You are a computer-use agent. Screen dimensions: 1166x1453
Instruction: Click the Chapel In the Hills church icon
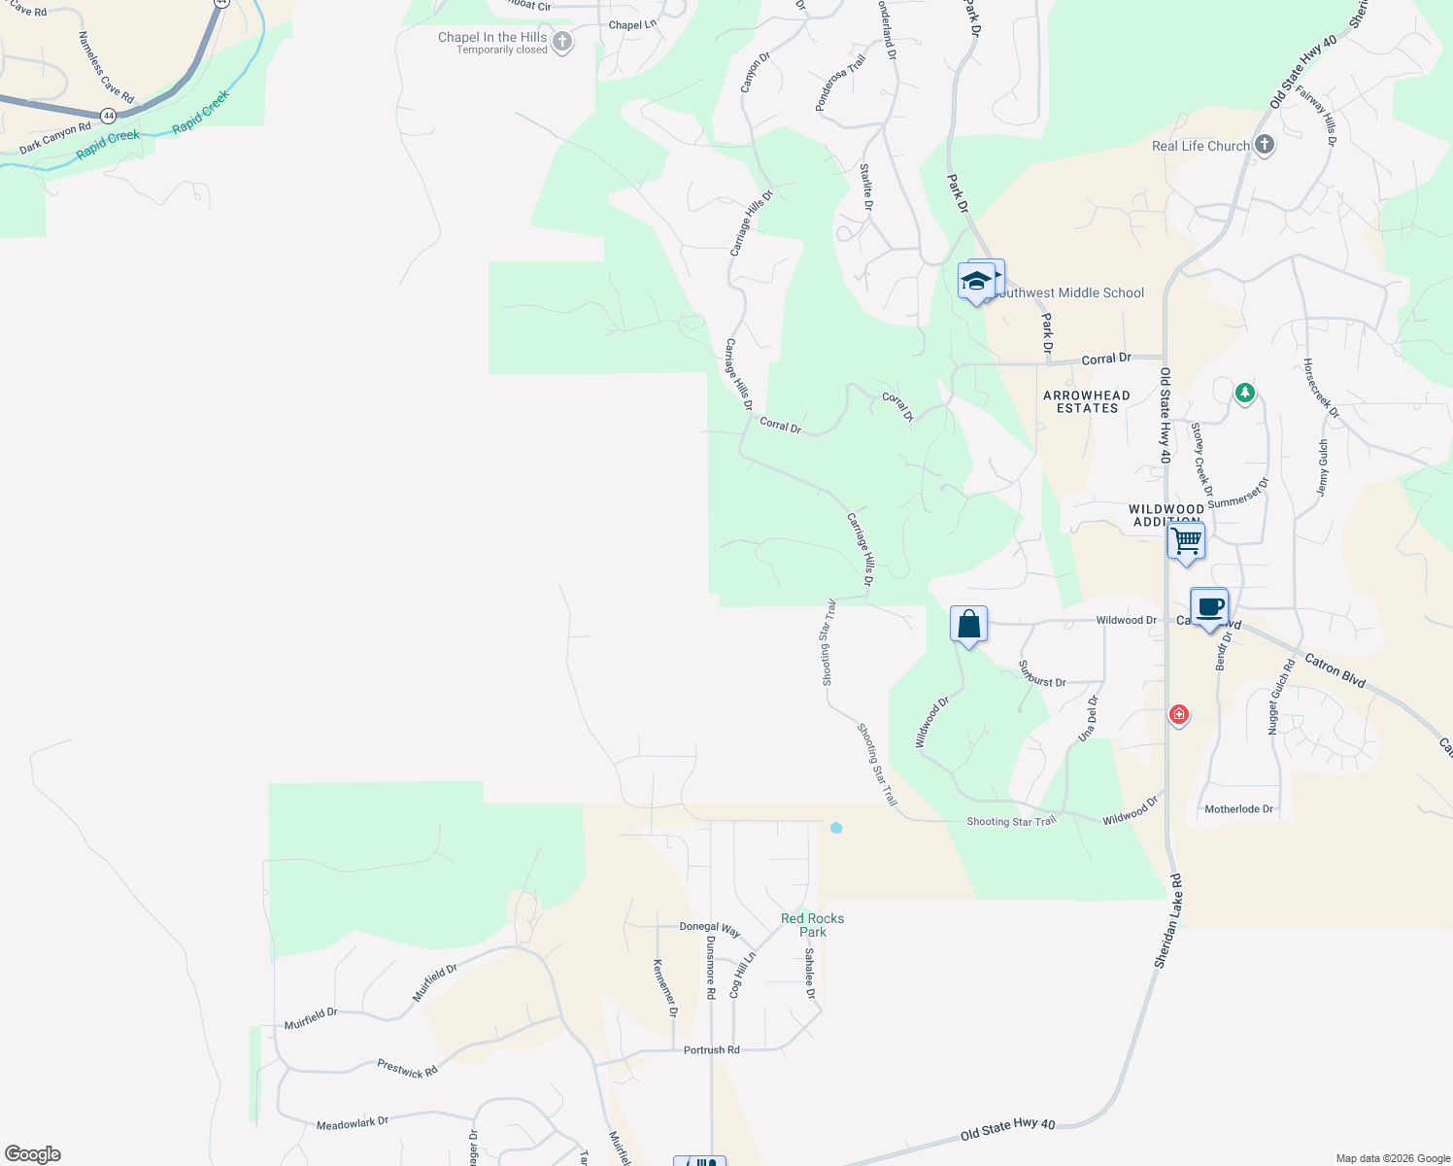click(x=561, y=42)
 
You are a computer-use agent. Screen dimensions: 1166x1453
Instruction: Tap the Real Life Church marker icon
click(x=1264, y=145)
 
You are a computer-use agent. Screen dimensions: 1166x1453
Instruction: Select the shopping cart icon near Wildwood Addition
click(x=1186, y=540)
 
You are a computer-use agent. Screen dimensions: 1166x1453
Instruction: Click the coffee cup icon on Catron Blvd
click(x=1209, y=607)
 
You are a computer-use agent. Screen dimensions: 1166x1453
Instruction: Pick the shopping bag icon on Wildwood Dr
click(x=968, y=624)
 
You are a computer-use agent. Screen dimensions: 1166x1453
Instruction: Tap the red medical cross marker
click(x=1179, y=715)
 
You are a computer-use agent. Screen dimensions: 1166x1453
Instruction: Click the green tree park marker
click(x=1245, y=393)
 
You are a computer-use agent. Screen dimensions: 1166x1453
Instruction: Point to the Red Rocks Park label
click(x=813, y=925)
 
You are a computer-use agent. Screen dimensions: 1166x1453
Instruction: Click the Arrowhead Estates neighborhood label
click(x=1087, y=401)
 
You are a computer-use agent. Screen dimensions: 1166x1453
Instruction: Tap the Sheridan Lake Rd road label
click(x=1168, y=920)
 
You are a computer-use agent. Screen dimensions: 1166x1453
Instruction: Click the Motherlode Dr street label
click(x=1238, y=809)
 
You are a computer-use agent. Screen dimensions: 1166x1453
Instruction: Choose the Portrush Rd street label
click(x=712, y=1050)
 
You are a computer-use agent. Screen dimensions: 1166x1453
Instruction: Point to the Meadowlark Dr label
click(x=353, y=1123)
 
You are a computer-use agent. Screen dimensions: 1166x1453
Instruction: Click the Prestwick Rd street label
click(x=408, y=1070)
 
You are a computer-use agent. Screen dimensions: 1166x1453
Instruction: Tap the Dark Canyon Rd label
click(x=55, y=138)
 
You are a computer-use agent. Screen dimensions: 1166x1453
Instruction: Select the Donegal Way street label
click(x=710, y=929)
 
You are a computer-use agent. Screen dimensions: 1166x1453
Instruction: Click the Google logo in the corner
click(x=33, y=1154)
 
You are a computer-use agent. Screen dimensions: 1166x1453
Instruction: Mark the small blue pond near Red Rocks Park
click(x=836, y=828)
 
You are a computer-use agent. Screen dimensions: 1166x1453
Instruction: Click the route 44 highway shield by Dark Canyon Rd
click(x=108, y=116)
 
